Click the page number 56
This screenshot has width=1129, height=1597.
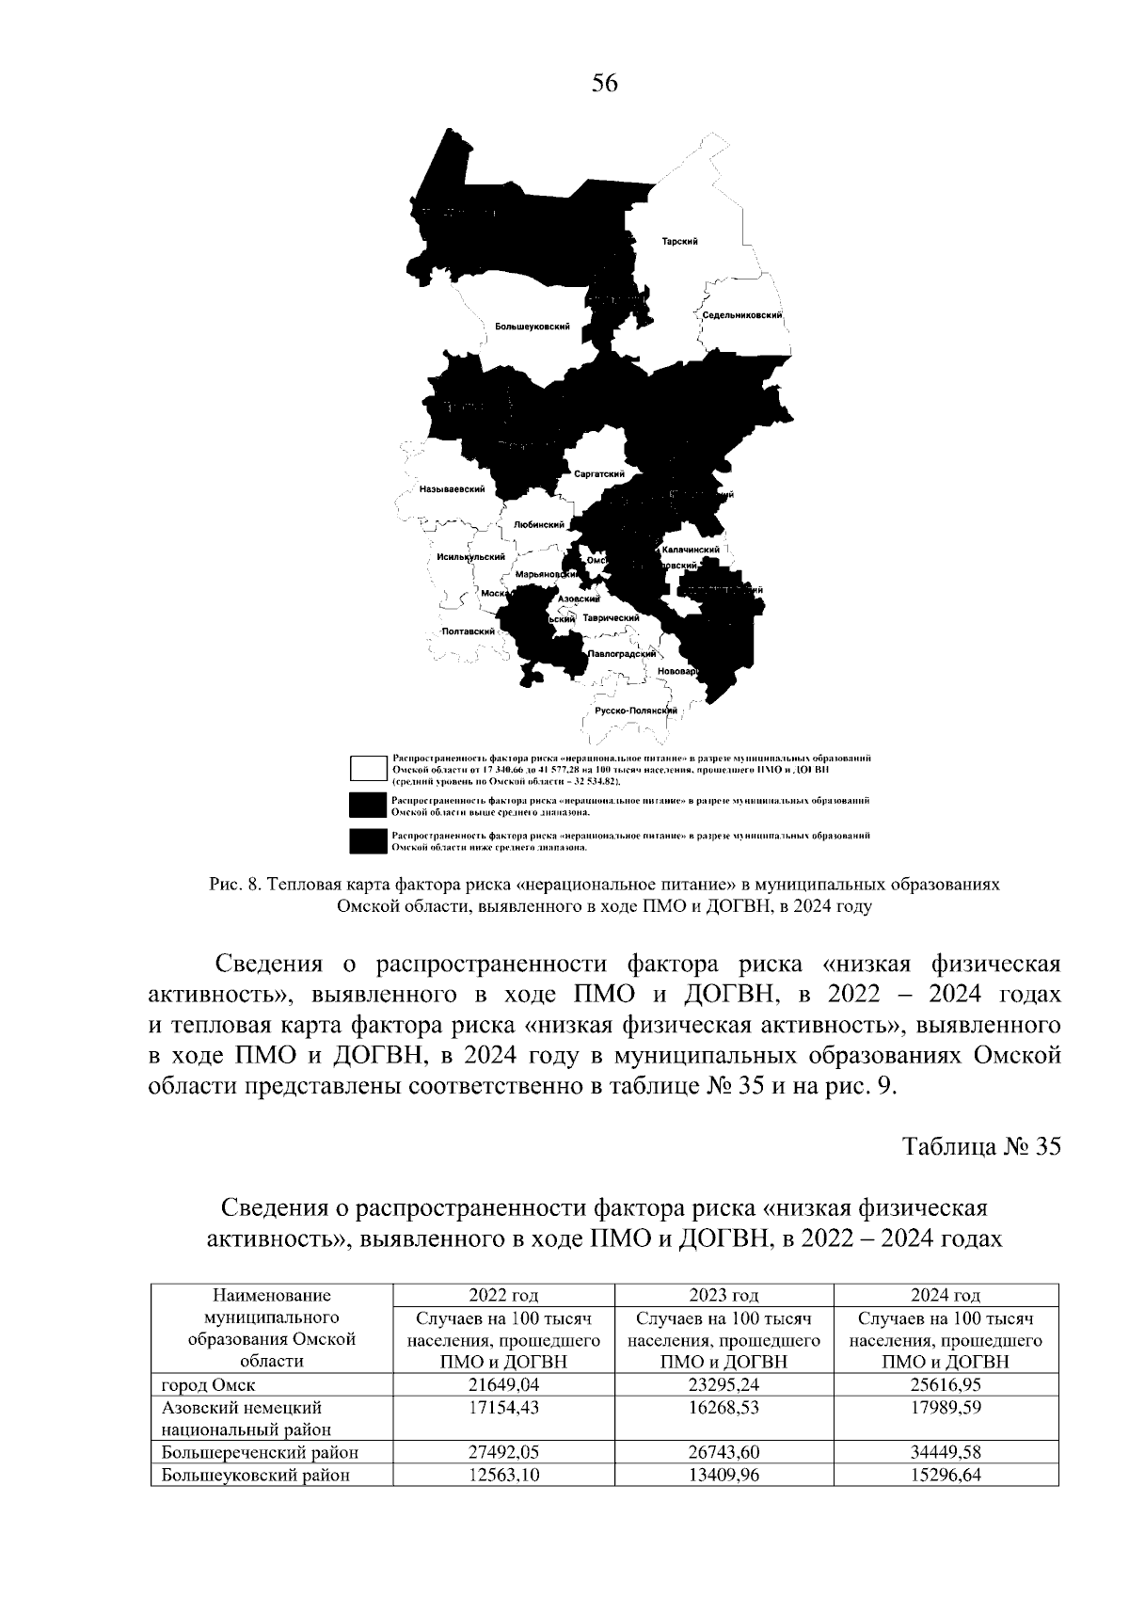(x=604, y=84)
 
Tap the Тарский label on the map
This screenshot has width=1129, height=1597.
(x=679, y=242)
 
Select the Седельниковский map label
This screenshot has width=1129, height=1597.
(x=743, y=316)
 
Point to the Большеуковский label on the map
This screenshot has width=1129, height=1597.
(x=533, y=326)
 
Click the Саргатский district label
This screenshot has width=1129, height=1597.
(x=599, y=474)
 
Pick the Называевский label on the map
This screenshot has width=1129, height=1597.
(x=453, y=489)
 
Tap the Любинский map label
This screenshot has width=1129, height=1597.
(x=539, y=525)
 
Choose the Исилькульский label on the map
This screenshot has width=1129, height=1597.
(x=471, y=557)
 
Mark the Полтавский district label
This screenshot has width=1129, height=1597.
(x=469, y=631)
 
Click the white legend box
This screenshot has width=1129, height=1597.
(x=367, y=768)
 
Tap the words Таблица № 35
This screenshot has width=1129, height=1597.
(x=981, y=1146)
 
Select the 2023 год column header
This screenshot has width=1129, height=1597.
(x=724, y=1296)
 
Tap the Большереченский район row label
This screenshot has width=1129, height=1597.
(x=260, y=1452)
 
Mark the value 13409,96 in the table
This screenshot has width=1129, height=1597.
(x=724, y=1475)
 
